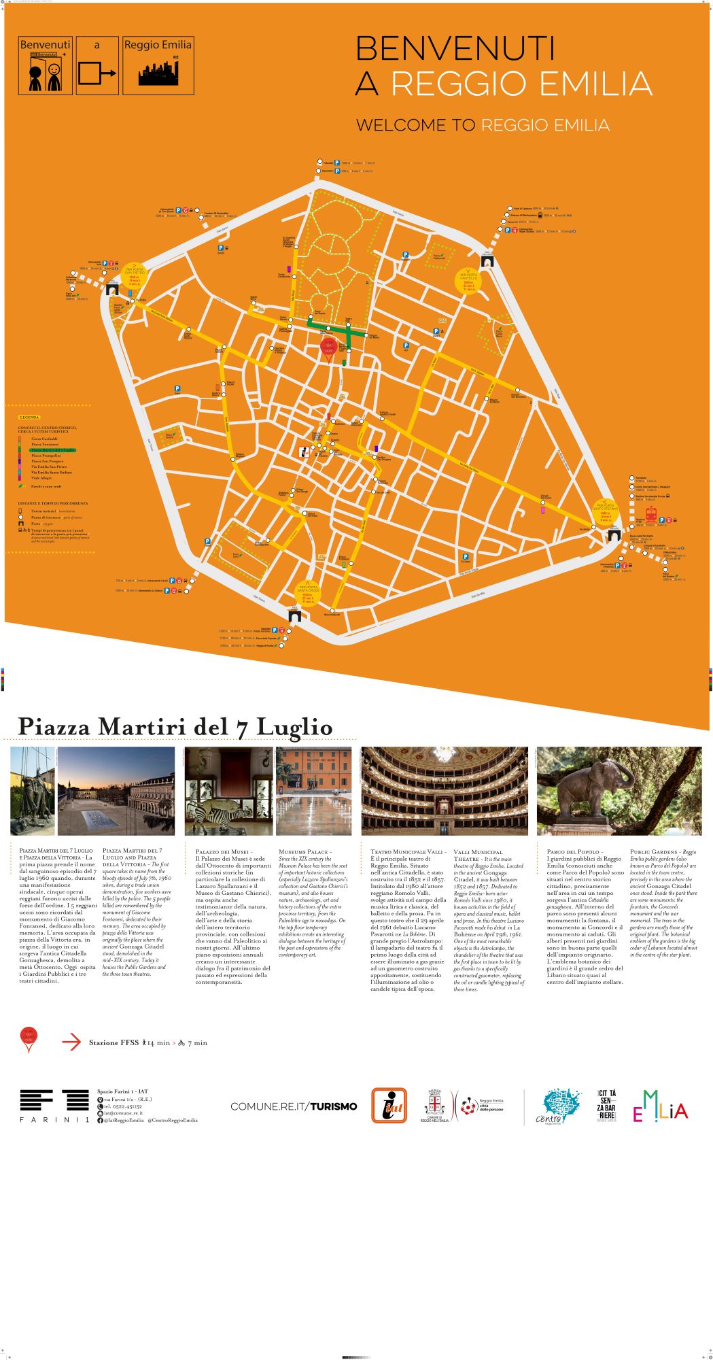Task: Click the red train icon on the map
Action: pos(650,515)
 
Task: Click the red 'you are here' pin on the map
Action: pos(329,347)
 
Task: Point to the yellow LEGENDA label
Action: pos(30,416)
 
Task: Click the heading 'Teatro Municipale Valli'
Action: pos(408,851)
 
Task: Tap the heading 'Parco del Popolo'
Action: pos(574,851)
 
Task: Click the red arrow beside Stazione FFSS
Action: pos(71,1042)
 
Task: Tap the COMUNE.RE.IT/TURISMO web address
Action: pos(293,1106)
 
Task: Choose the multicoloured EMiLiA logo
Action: pos(660,1106)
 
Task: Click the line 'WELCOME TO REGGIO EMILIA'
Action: pos(483,125)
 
